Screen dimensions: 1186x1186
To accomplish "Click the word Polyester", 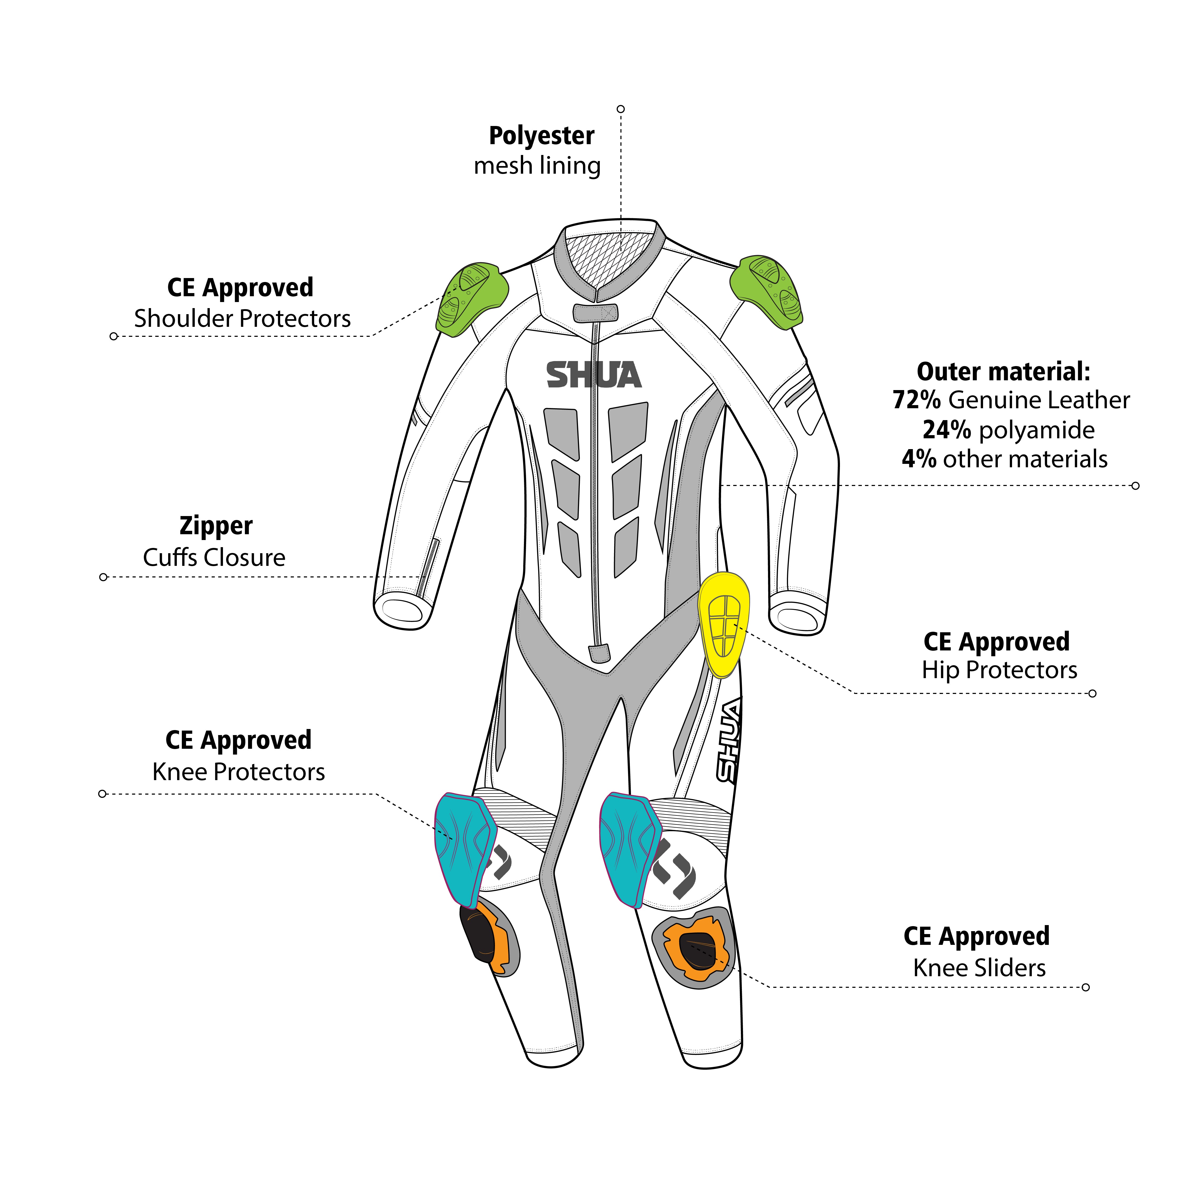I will click(541, 136).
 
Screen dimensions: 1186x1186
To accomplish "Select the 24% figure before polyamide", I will click(947, 430).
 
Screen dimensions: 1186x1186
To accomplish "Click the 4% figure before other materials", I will click(919, 459).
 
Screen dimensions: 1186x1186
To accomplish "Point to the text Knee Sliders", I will click(979, 968).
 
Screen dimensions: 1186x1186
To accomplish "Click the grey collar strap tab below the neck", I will click(595, 313).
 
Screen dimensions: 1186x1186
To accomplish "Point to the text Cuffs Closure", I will click(214, 557).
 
